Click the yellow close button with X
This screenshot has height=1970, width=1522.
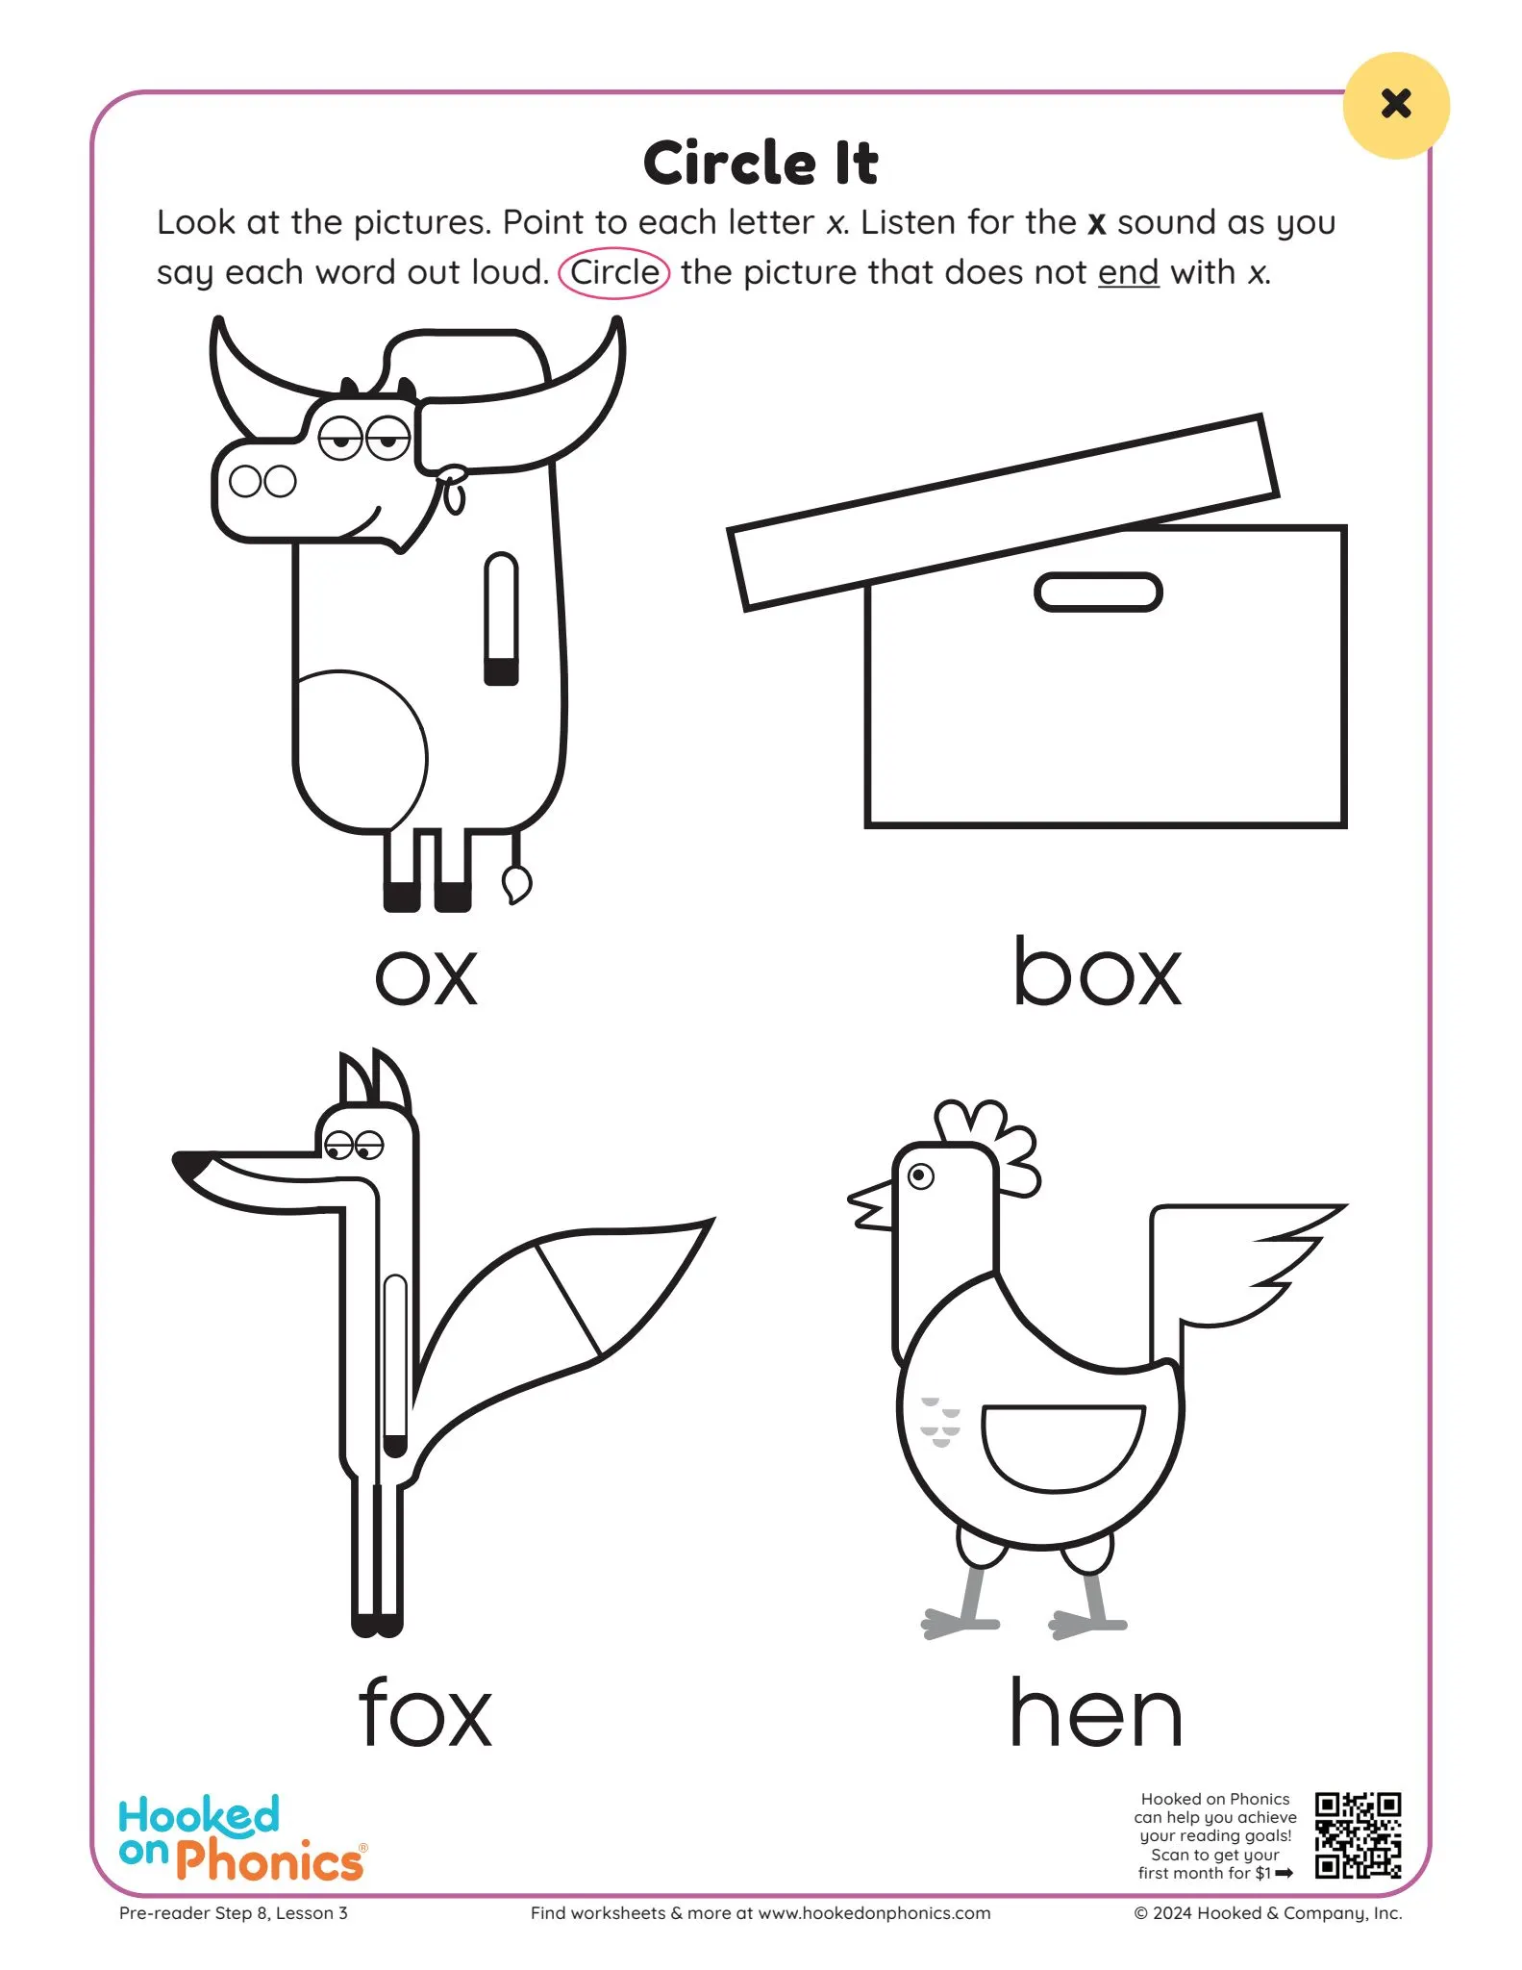click(x=1395, y=105)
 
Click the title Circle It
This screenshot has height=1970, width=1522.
click(x=760, y=163)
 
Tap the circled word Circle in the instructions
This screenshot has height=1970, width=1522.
click(x=614, y=272)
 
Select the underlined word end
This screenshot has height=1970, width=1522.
click(x=1128, y=273)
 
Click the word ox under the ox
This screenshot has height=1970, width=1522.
click(x=425, y=976)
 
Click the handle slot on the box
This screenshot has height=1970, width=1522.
click(x=1098, y=592)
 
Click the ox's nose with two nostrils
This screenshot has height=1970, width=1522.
click(x=262, y=481)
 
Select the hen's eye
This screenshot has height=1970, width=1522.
click(x=921, y=1175)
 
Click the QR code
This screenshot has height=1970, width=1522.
click(x=1358, y=1834)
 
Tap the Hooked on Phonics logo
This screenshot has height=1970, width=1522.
click(x=240, y=1837)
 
